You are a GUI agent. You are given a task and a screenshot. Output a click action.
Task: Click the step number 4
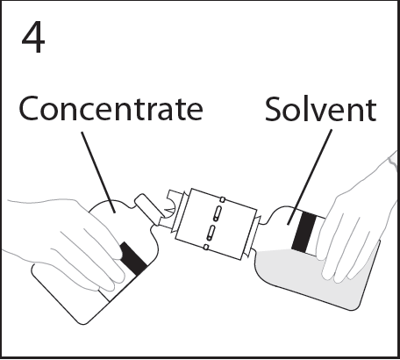(33, 38)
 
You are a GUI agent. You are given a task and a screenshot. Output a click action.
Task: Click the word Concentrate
(111, 108)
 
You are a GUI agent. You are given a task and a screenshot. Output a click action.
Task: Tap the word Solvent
(321, 109)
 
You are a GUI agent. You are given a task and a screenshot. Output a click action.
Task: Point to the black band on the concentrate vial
(133, 258)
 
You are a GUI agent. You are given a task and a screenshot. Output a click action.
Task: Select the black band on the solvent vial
(304, 232)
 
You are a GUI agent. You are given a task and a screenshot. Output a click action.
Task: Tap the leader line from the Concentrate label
(98, 172)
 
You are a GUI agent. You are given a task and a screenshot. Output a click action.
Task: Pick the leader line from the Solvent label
(310, 177)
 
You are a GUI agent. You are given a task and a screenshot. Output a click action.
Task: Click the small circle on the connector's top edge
(223, 199)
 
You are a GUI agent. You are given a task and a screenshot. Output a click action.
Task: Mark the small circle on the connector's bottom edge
(206, 248)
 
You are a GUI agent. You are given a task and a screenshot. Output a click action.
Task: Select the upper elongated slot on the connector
(218, 213)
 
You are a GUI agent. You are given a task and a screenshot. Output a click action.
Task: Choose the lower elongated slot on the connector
(211, 233)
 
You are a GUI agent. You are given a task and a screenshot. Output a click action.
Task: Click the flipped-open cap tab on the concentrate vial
(147, 207)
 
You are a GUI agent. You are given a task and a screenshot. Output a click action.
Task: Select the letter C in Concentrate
(29, 108)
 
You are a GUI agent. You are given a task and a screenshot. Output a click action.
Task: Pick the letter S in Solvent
(272, 109)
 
